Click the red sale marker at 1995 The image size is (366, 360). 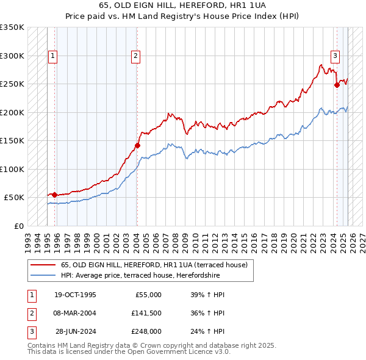55,195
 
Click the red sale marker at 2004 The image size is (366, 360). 137,145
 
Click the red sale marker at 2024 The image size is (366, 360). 337,85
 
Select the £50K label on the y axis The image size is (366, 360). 15,198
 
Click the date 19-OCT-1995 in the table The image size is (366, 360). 75,295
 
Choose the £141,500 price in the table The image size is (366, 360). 146,313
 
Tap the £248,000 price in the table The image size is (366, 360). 146,331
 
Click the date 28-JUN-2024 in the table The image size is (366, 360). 76,331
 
